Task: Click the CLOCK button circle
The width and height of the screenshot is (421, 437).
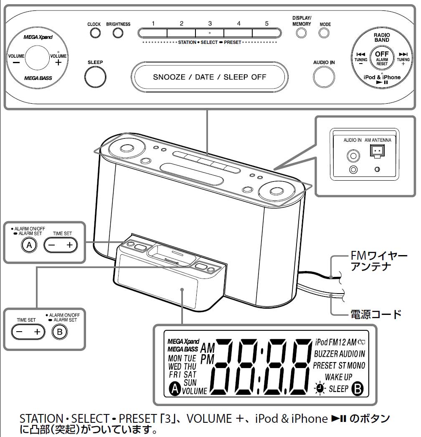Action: point(94,33)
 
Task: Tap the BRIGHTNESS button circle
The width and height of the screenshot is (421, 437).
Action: point(118,33)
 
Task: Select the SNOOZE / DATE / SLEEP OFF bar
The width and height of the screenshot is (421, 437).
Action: point(209,77)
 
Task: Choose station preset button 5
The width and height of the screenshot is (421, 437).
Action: point(266,33)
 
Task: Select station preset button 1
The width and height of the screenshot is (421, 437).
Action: point(153,33)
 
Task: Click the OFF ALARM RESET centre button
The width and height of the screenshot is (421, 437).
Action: point(381,58)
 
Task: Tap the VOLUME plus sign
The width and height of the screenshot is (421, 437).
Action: point(58,62)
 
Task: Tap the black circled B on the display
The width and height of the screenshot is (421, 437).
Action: point(358,389)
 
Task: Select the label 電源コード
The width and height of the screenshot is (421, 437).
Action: point(376,314)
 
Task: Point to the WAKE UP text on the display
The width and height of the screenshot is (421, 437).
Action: point(338,377)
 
